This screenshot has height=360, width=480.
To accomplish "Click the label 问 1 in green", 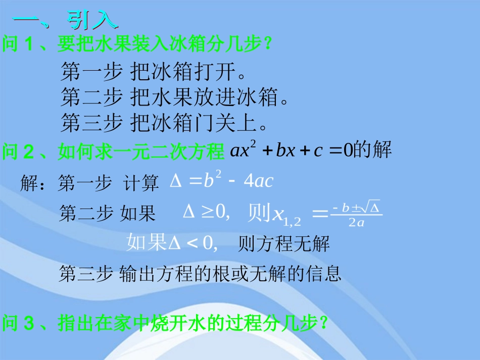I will pos(18,44).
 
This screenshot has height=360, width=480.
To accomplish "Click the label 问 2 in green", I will pos(18,151).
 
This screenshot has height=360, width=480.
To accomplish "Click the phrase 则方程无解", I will pos(283,244).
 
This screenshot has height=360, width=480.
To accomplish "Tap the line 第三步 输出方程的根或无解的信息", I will pos(200,274).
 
